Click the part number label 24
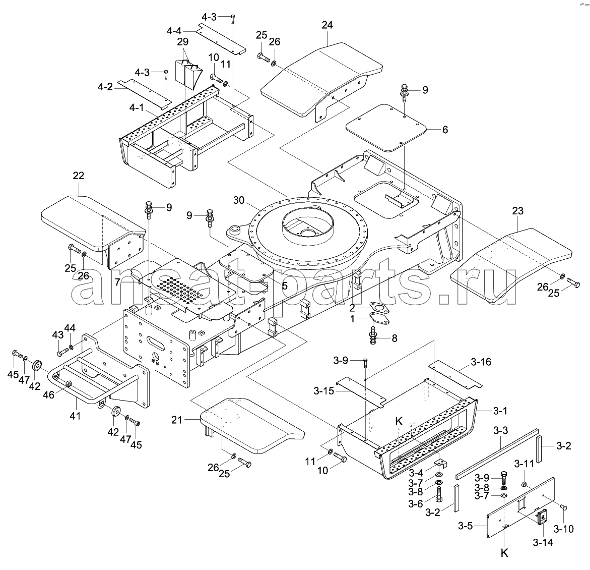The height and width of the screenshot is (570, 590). click(x=327, y=25)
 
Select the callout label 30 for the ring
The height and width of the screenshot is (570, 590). click(x=238, y=200)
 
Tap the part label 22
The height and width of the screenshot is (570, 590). click(x=79, y=176)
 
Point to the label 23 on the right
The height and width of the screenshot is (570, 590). click(x=518, y=211)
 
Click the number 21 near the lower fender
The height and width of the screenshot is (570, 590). click(x=176, y=420)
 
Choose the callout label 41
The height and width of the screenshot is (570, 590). click(x=75, y=416)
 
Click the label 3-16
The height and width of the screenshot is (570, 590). click(x=481, y=362)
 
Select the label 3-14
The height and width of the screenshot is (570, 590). click(x=543, y=542)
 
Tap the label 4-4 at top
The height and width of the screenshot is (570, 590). click(x=174, y=31)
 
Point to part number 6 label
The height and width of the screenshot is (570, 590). click(x=445, y=130)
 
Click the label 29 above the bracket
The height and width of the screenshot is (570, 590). click(x=183, y=41)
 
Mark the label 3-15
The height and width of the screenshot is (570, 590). click(x=323, y=391)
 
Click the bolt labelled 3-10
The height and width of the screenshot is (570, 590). click(x=564, y=507)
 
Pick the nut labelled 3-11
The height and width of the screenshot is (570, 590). click(x=523, y=484)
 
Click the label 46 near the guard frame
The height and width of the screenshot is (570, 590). click(x=48, y=394)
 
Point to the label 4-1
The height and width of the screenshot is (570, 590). click(x=136, y=108)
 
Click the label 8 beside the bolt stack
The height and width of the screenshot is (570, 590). click(x=395, y=338)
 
